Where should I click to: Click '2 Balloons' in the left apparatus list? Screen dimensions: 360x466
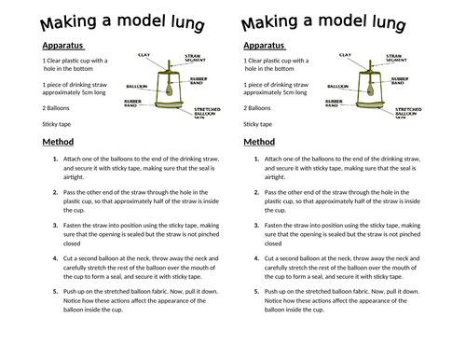(x=59, y=107)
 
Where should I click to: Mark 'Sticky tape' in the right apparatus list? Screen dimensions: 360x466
(x=257, y=123)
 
